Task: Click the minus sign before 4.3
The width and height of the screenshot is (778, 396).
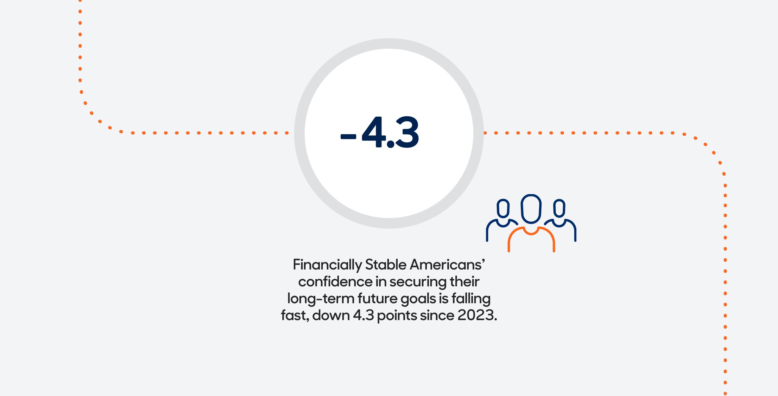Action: pyautogui.click(x=348, y=137)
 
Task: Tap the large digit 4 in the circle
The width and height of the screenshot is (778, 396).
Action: pyautogui.click(x=374, y=132)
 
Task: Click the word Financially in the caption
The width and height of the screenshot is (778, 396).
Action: pyautogui.click(x=327, y=265)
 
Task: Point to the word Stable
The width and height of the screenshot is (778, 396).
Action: pyautogui.click(x=386, y=265)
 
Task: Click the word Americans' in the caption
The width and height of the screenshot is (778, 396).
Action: pyautogui.click(x=448, y=265)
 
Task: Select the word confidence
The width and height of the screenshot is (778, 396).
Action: pyautogui.click(x=335, y=282)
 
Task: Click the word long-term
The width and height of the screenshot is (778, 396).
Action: pyautogui.click(x=321, y=299)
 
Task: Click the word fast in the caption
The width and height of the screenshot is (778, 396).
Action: pyautogui.click(x=294, y=316)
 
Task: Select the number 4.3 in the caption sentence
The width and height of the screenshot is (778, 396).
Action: pyautogui.click(x=363, y=316)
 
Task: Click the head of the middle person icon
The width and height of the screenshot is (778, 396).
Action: pyautogui.click(x=531, y=209)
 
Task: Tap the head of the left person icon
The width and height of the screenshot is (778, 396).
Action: pyautogui.click(x=503, y=208)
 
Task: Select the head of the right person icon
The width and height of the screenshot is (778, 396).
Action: pyautogui.click(x=559, y=208)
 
